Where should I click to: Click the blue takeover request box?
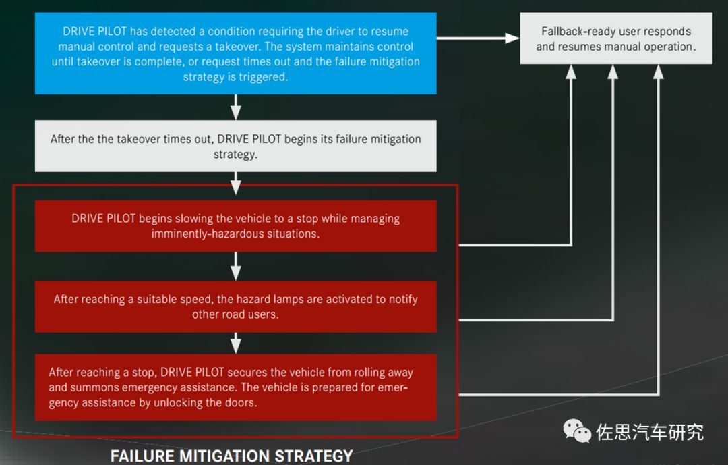[x=235, y=54]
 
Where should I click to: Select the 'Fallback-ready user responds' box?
[x=615, y=39]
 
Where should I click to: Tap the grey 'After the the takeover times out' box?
[x=235, y=146]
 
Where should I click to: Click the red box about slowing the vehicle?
[x=235, y=226]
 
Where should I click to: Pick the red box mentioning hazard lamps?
[x=235, y=306]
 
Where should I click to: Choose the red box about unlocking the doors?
[x=235, y=387]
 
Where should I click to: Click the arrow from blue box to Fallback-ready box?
[x=478, y=38]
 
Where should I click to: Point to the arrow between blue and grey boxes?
[x=235, y=107]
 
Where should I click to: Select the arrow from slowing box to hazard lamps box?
[x=235, y=266]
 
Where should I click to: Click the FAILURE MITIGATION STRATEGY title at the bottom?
[x=231, y=456]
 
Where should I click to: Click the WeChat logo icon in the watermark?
[x=577, y=431]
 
